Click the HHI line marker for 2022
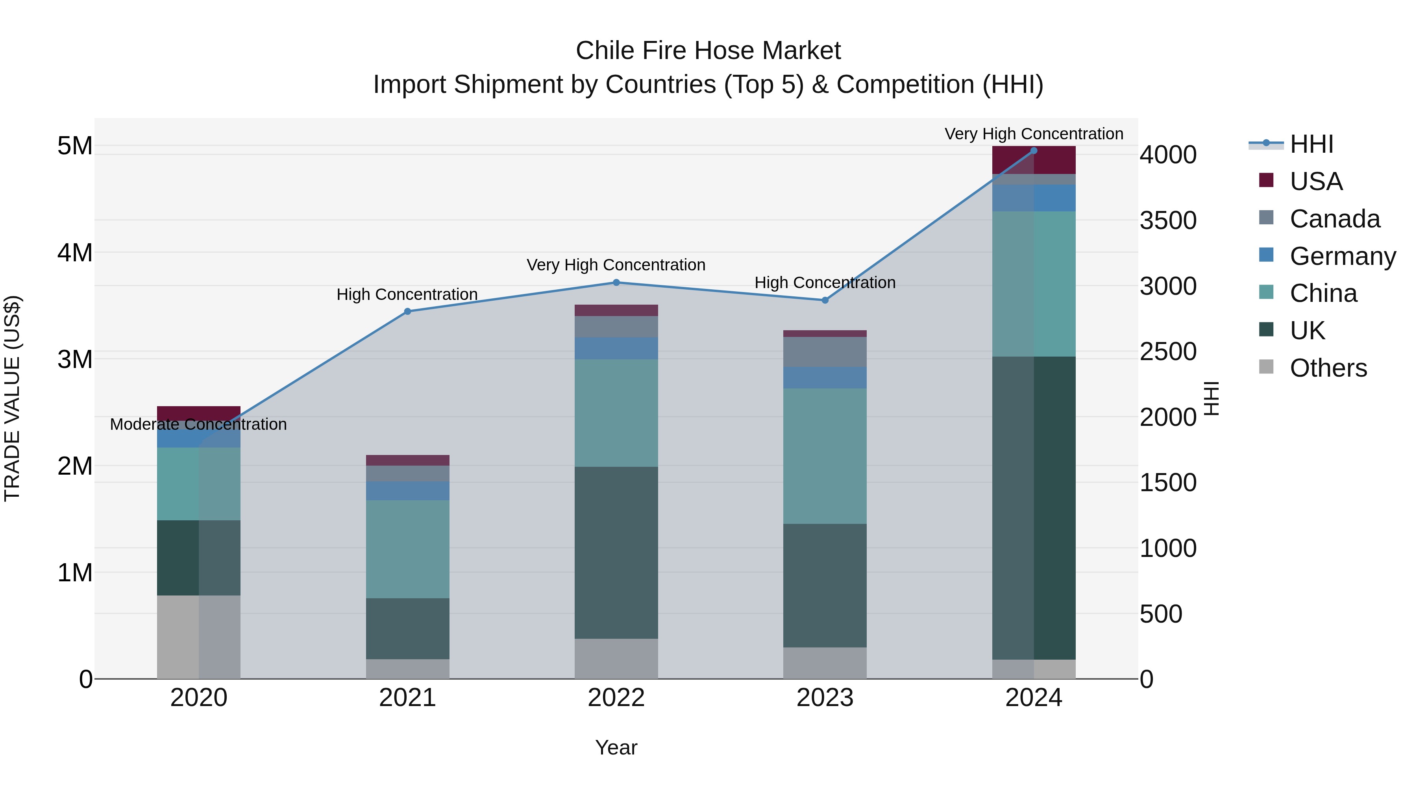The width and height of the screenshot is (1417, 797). coord(616,283)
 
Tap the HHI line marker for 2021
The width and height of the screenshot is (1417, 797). coord(408,311)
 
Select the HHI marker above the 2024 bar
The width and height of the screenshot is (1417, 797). coord(1034,151)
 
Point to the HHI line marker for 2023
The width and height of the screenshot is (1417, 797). coord(825,300)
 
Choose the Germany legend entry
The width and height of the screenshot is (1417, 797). coord(1342,256)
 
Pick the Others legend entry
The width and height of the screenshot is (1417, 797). coord(1328,368)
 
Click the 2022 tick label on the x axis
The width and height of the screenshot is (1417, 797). coord(616,698)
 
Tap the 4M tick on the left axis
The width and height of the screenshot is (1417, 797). coord(75,253)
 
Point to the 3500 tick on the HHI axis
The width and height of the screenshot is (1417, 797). coord(1168,220)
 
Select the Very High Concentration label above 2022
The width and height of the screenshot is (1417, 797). coord(616,265)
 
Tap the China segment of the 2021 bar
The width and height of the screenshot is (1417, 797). coord(408,549)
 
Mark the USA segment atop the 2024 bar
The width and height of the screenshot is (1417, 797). coord(1034,160)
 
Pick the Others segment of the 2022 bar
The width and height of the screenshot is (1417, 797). coord(616,658)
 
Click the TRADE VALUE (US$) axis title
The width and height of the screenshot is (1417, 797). coord(12,398)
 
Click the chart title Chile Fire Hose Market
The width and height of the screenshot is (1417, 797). coord(708,51)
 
